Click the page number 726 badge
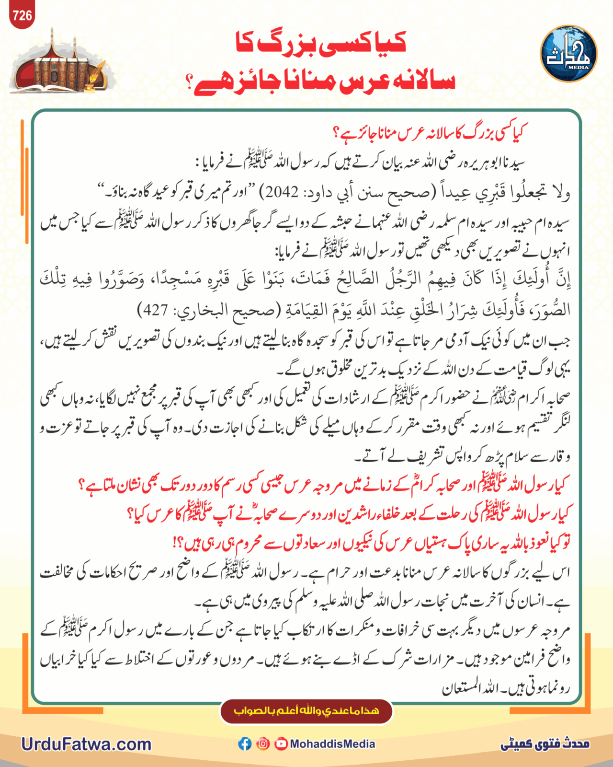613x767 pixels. click(22, 16)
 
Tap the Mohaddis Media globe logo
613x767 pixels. click(568, 54)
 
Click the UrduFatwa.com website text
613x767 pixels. click(86, 744)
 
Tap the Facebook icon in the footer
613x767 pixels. click(245, 744)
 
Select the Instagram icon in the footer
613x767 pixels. click(263, 744)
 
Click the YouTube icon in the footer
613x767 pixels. click(281, 744)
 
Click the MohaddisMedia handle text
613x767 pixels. click(332, 744)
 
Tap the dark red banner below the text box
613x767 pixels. click(306, 711)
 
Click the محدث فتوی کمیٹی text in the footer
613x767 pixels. click(545, 744)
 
